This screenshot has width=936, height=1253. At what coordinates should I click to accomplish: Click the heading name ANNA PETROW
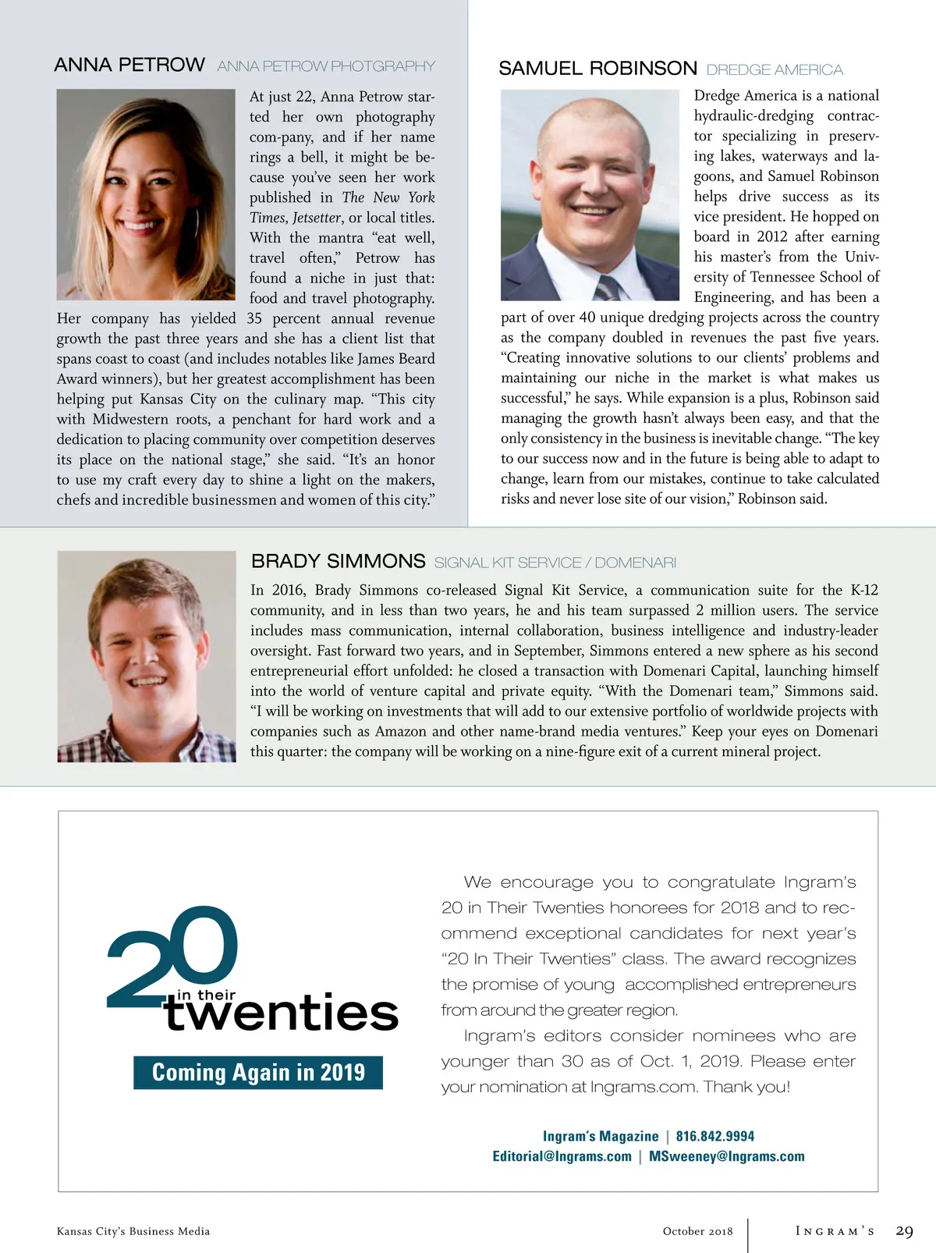pyautogui.click(x=129, y=65)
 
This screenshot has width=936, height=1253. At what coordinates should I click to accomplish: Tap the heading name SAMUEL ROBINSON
pyautogui.click(x=597, y=69)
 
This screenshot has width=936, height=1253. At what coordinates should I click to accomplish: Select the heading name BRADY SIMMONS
pyautogui.click(x=338, y=562)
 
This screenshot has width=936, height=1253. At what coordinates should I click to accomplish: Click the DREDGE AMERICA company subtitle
pyautogui.click(x=775, y=69)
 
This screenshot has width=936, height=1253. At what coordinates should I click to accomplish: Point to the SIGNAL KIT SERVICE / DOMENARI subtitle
pyautogui.click(x=555, y=563)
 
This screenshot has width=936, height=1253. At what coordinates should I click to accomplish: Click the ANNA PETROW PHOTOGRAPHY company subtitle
pyautogui.click(x=326, y=66)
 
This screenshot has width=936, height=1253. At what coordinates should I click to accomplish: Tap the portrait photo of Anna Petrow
pyautogui.click(x=146, y=194)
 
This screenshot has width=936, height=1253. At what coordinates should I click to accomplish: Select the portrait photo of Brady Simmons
pyautogui.click(x=147, y=656)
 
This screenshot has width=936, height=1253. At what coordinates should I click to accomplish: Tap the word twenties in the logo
pyautogui.click(x=282, y=1013)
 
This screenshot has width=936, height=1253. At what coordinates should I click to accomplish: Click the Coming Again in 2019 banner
pyautogui.click(x=258, y=1073)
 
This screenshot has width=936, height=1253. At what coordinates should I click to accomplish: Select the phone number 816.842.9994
pyautogui.click(x=715, y=1136)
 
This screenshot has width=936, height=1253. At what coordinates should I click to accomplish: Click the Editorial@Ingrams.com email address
pyautogui.click(x=562, y=1156)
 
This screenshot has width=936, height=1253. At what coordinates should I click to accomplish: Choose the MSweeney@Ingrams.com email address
pyautogui.click(x=726, y=1156)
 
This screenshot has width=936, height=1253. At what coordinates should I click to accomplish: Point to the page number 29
pyautogui.click(x=904, y=1231)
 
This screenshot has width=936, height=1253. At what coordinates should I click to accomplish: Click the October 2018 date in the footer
pyautogui.click(x=697, y=1231)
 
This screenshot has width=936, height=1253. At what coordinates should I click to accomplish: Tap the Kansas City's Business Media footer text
pyautogui.click(x=133, y=1231)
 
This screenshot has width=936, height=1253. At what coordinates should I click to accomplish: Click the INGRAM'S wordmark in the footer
pyautogui.click(x=835, y=1231)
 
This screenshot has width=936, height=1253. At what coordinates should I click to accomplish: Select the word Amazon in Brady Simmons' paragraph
pyautogui.click(x=401, y=731)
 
